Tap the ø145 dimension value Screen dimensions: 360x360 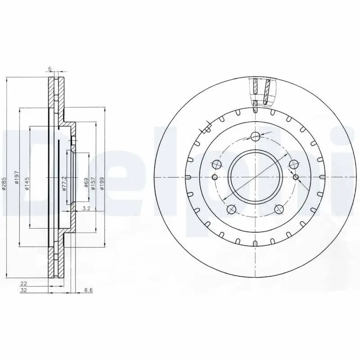coord(27,184)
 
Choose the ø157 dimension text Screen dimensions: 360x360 coord(93,183)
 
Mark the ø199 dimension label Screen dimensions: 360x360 coord(103,183)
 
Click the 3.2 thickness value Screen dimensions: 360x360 coord(87,208)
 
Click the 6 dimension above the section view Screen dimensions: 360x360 coord(50,69)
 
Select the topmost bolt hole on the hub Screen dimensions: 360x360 coord(255,136)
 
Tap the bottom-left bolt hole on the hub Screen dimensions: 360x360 coord(232,209)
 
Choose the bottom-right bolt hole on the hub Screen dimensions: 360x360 coord(279,209)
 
